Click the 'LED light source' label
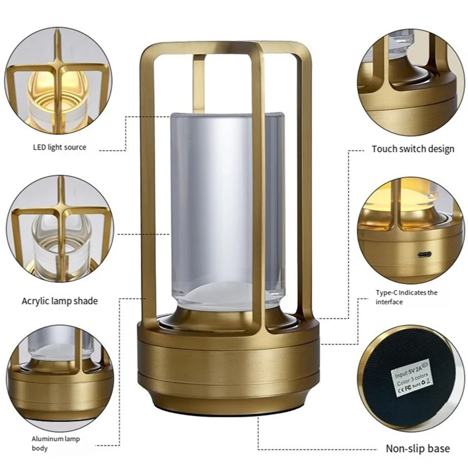point(59,147)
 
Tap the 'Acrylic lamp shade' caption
point(60,301)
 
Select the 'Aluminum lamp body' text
point(56,443)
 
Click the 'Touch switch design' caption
point(413,149)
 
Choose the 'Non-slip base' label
point(418,449)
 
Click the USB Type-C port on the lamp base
point(423,256)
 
